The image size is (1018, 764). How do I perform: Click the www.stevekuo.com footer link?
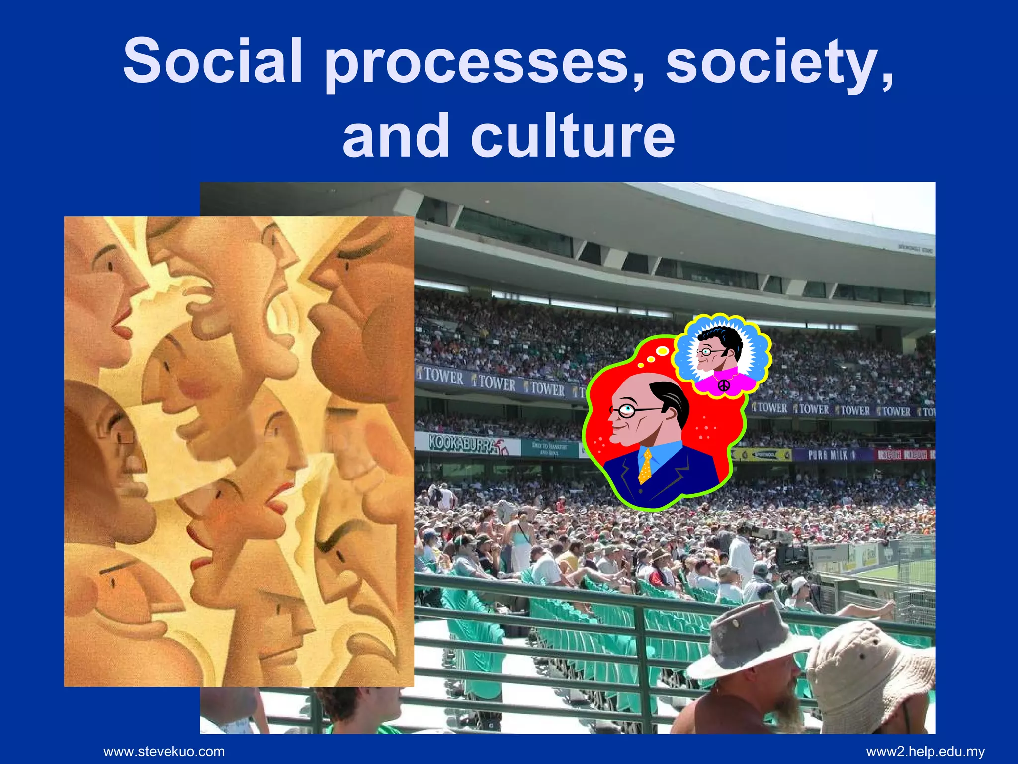click(x=164, y=751)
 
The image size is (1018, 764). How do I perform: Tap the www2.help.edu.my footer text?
click(x=925, y=751)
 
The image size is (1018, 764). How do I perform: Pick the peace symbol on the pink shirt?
click(x=724, y=385)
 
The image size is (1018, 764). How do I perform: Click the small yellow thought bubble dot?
click(x=662, y=351)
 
